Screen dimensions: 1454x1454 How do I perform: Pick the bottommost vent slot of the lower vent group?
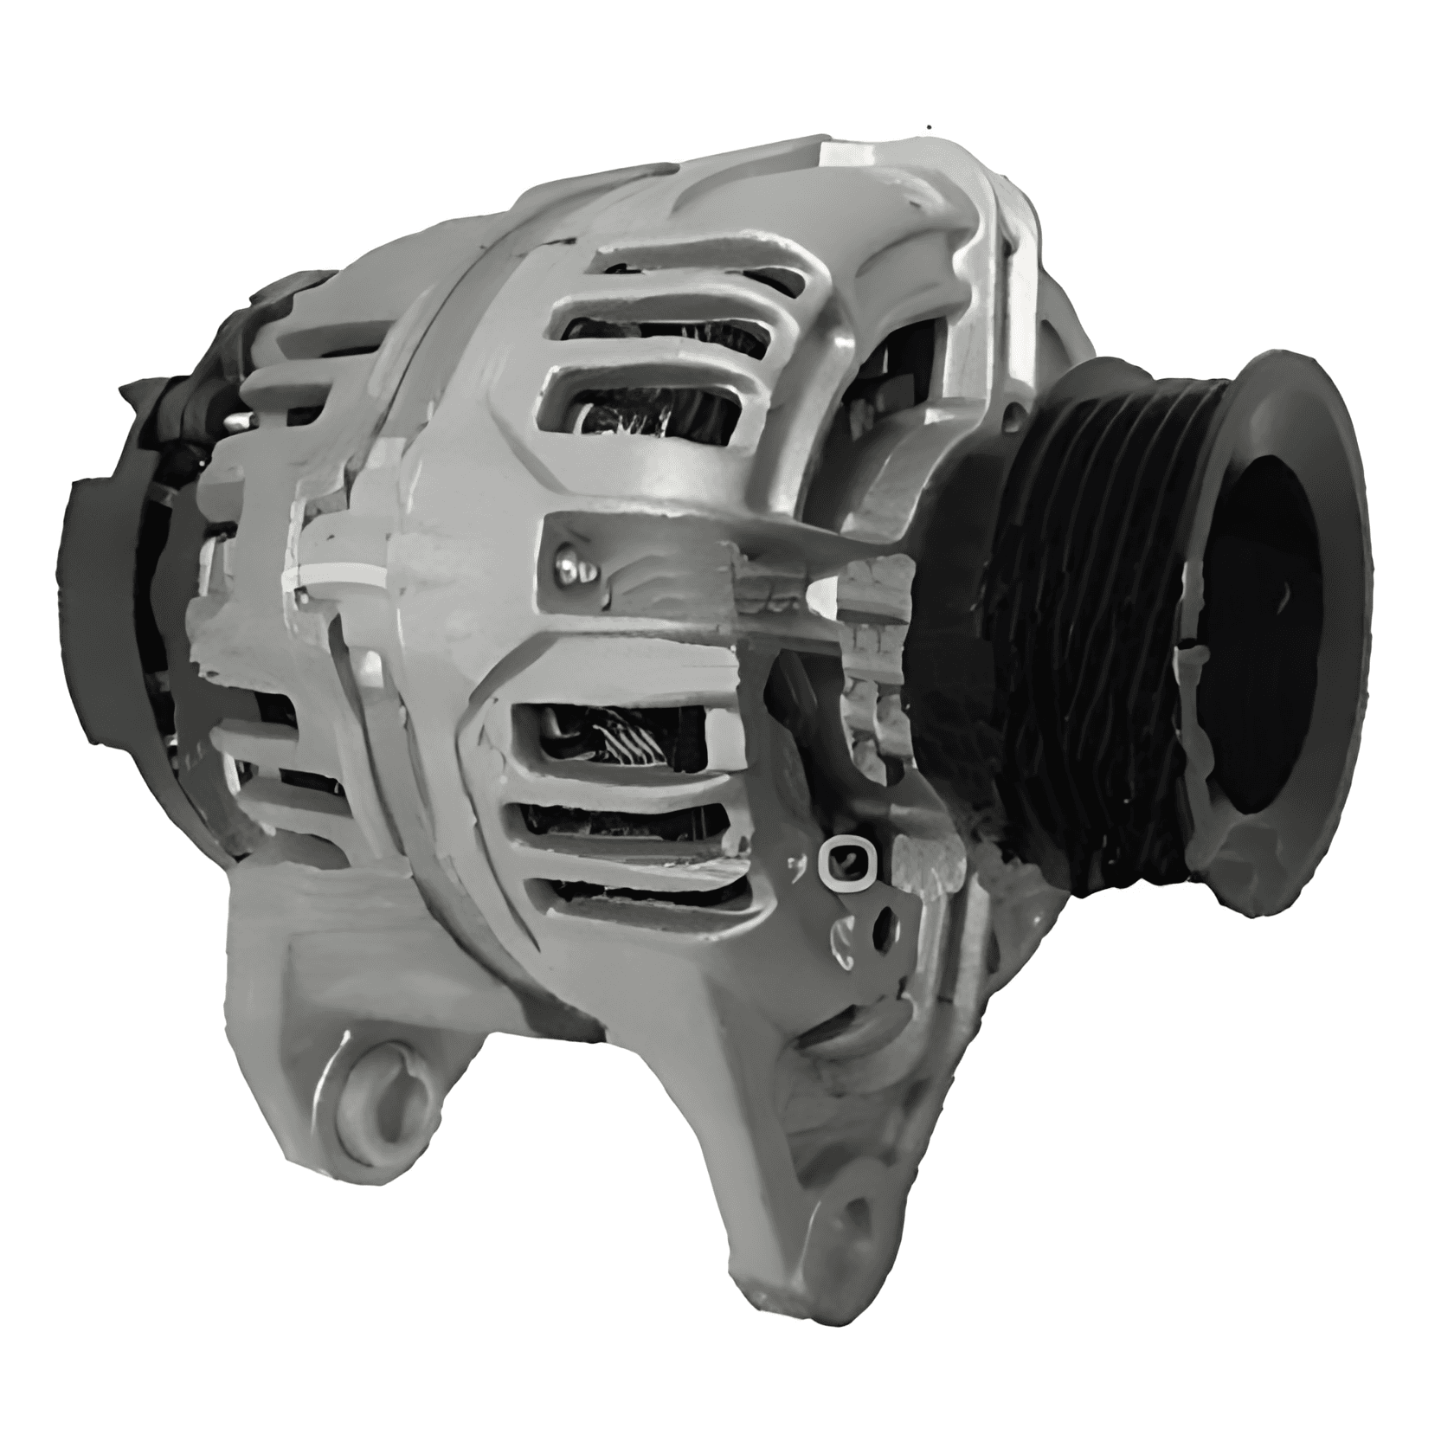649,900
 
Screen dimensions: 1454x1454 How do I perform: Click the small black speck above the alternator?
930,127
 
